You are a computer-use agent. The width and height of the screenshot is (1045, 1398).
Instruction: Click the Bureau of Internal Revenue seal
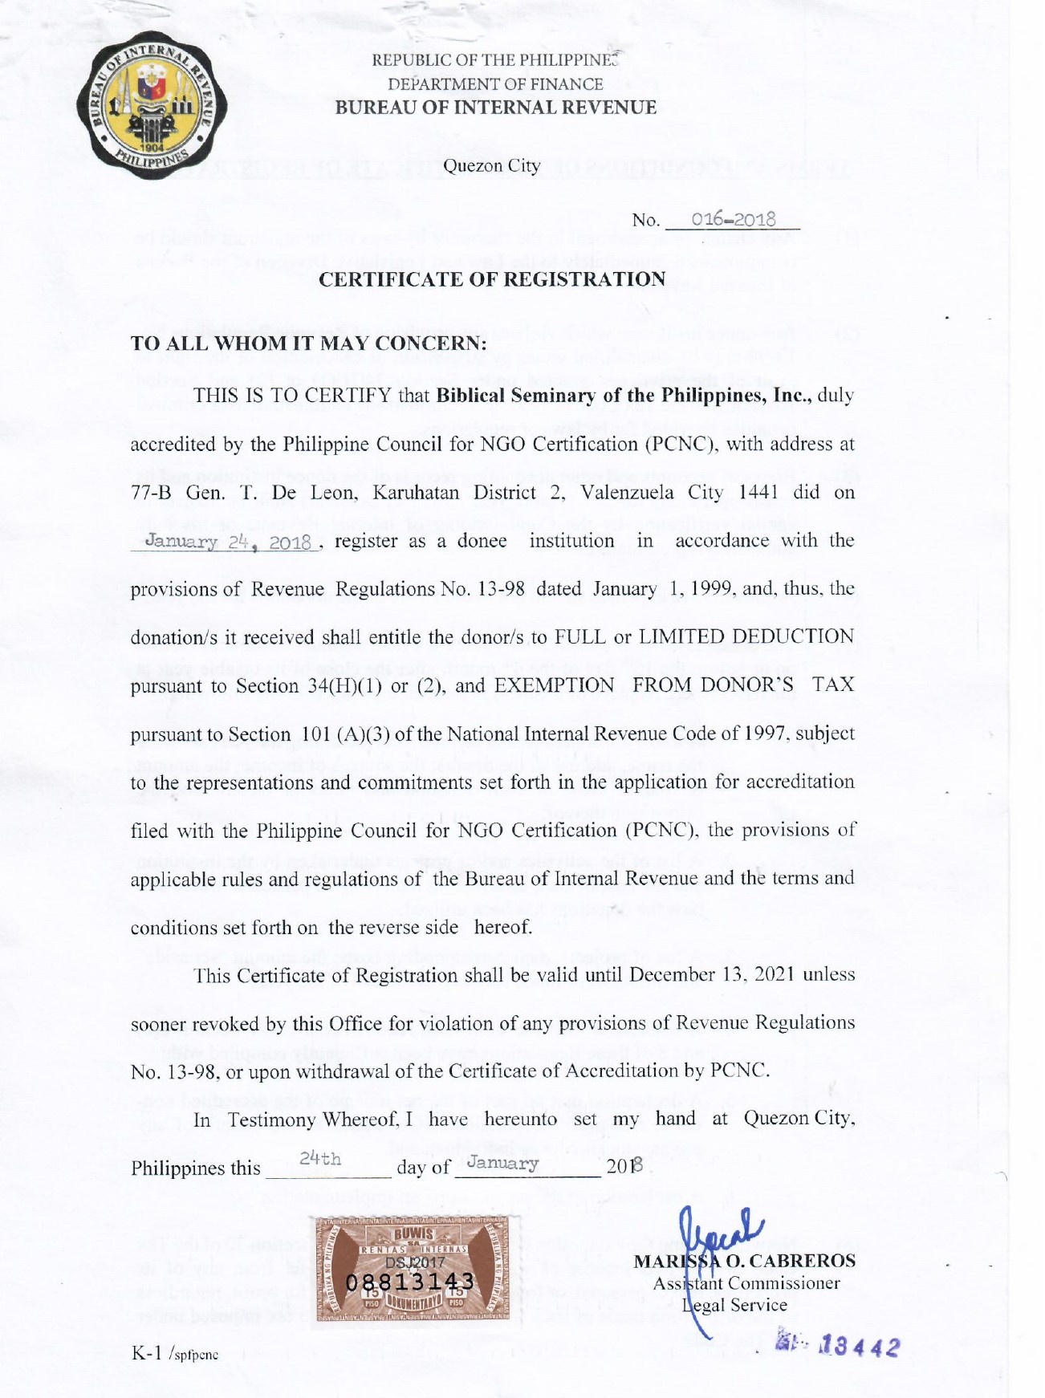(152, 105)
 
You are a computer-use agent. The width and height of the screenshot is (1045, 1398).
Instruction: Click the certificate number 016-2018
(734, 219)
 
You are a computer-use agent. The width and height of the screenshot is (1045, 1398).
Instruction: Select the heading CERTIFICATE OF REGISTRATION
(492, 279)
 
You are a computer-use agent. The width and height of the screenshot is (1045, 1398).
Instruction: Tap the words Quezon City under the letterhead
(492, 165)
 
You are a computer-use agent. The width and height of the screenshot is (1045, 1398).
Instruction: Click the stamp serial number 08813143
(410, 1282)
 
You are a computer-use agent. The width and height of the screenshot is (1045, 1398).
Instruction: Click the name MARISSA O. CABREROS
(744, 1261)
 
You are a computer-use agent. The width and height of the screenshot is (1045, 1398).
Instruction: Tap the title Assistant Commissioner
(746, 1283)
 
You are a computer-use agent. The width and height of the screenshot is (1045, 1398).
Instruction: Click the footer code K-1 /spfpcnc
(175, 1354)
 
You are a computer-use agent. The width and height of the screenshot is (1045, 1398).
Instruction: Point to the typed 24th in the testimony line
(320, 1159)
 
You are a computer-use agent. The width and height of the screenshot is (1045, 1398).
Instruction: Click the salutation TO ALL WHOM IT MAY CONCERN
(309, 343)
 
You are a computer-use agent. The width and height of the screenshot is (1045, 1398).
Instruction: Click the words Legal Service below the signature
(734, 1305)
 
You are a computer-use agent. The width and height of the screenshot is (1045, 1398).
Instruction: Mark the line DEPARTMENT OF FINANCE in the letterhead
(495, 84)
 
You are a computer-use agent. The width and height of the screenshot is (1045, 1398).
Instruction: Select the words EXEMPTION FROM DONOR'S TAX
(674, 685)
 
